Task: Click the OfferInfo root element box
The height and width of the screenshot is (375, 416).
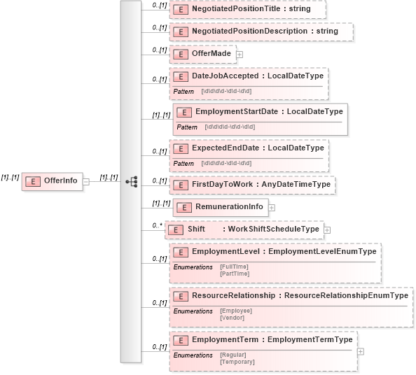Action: [53, 181]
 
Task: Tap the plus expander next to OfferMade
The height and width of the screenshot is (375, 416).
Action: [240, 54]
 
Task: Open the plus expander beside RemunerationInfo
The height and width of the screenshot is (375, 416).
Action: [272, 207]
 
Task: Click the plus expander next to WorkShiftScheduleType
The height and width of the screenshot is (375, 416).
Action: [327, 229]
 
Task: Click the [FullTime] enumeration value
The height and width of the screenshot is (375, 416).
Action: [234, 267]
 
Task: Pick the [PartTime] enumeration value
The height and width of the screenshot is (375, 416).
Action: [234, 274]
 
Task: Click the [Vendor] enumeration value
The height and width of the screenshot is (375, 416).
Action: [232, 318]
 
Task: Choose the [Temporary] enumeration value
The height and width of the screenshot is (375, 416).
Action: [237, 362]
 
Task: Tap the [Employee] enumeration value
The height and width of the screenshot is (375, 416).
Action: [235, 311]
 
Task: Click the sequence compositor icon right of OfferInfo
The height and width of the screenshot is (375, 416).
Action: [130, 181]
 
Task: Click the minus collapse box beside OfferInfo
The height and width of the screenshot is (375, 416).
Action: [86, 181]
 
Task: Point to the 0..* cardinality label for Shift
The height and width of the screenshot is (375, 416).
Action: [157, 225]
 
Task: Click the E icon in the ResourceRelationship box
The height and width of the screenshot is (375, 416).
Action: [181, 296]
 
